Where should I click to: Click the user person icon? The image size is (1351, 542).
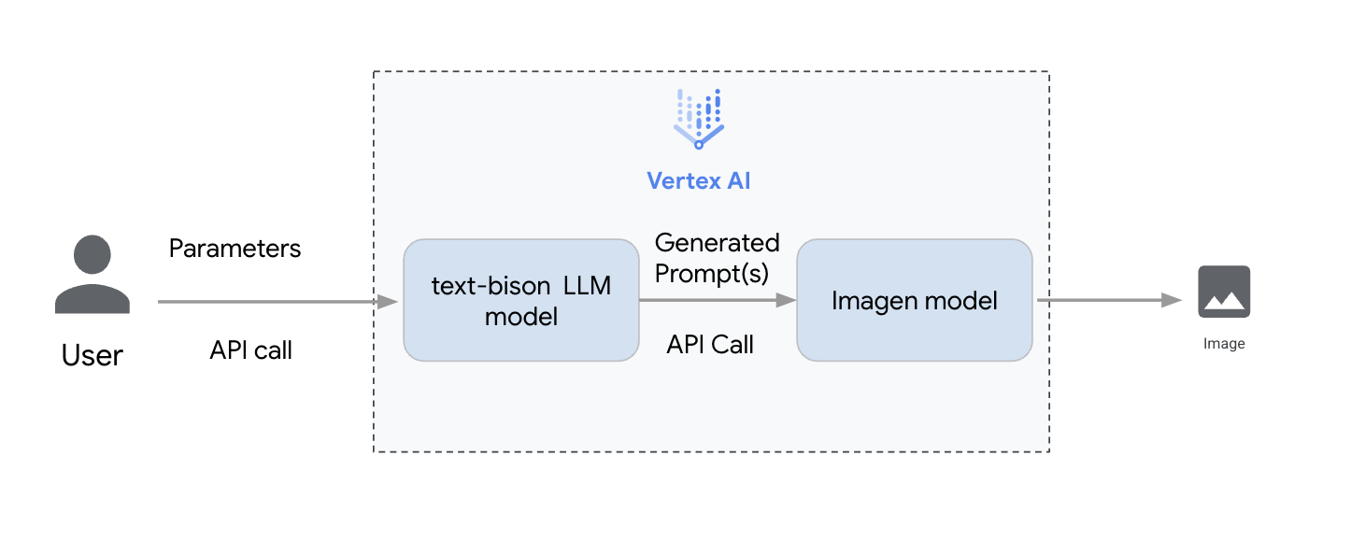[92, 275]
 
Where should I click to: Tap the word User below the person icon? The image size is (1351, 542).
[92, 356]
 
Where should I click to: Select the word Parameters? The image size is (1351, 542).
[235, 249]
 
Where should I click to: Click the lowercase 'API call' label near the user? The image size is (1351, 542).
[250, 350]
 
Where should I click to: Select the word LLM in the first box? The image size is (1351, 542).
[587, 286]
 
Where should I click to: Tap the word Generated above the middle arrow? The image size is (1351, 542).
[717, 243]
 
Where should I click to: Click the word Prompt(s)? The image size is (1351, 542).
[711, 274]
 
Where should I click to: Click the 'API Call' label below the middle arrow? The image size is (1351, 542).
[710, 345]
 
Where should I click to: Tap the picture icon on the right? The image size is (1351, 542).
[1223, 292]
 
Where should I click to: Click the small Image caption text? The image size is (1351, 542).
[1224, 344]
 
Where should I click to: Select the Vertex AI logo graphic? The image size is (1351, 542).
[699, 120]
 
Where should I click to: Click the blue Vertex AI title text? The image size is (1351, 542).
[699, 181]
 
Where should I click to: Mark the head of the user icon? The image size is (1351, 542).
[92, 254]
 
